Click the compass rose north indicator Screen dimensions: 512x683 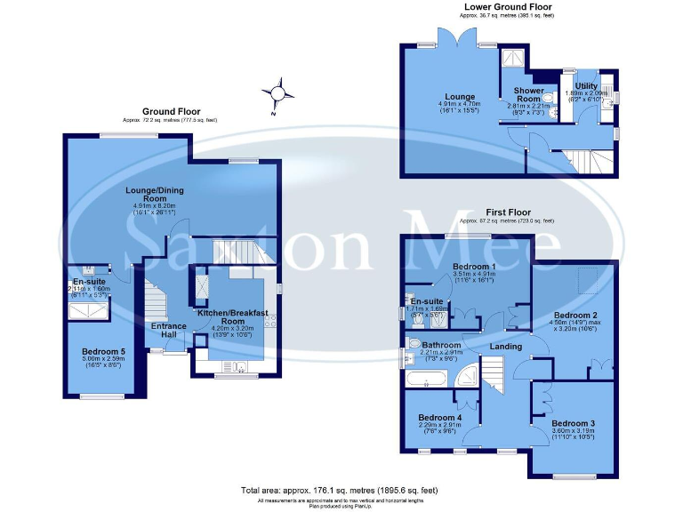(278, 93)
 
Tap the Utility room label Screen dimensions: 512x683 (586, 85)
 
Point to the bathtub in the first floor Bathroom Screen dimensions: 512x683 (427, 379)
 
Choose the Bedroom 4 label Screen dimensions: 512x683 (440, 417)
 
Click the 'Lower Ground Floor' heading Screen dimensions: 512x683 (508, 6)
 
